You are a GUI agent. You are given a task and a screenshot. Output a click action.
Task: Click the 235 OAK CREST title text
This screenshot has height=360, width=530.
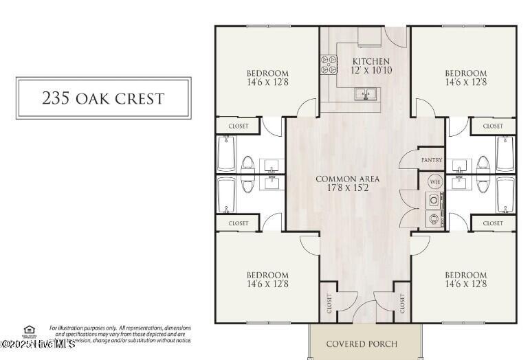pos(103,98)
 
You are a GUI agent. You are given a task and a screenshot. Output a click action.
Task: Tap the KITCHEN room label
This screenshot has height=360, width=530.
pos(371,62)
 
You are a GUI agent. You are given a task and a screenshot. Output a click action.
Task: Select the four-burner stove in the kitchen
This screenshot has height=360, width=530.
pos(328,64)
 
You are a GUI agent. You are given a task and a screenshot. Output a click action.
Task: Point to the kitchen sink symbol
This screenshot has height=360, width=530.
pos(364,94)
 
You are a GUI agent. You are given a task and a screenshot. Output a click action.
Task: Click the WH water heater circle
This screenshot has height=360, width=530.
pos(434,182)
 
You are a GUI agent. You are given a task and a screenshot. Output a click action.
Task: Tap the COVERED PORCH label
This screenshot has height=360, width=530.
pos(362,344)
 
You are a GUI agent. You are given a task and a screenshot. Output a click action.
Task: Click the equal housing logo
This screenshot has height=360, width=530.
pos(29,330)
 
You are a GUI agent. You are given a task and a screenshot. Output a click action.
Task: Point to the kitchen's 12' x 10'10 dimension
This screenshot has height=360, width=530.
pos(371,71)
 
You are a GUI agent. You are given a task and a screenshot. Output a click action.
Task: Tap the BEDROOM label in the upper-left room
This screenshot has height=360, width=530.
pos(267,73)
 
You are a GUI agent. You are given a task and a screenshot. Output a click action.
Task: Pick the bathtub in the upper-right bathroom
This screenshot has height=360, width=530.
pos(505,153)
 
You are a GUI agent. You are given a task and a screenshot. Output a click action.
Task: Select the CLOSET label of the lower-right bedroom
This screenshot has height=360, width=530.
pos(493,223)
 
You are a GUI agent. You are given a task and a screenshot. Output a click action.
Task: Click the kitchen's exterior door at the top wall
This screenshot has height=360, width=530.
pos(395,34)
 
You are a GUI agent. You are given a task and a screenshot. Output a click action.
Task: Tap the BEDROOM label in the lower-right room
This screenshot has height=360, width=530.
pos(465,275)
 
